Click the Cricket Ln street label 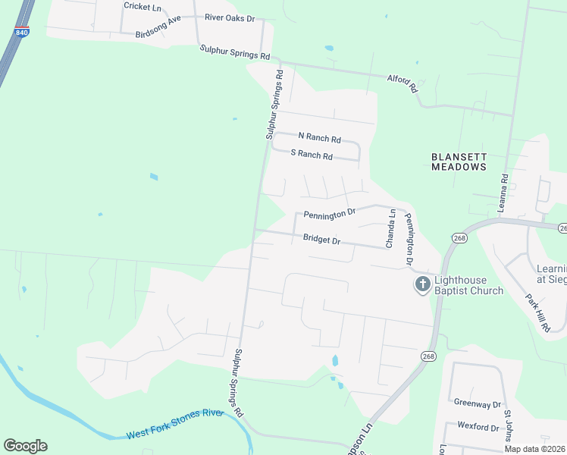(x=143, y=7)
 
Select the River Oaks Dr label (x=230, y=17)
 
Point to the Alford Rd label (x=403, y=83)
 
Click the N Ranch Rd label (x=319, y=137)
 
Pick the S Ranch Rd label (x=312, y=155)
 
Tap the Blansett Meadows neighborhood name (x=458, y=162)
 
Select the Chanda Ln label (x=391, y=229)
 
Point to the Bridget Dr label (x=322, y=239)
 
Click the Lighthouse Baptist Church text (x=468, y=285)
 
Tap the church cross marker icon (x=421, y=285)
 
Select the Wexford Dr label (x=477, y=427)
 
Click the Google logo (x=25, y=445)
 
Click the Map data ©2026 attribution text (x=534, y=449)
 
